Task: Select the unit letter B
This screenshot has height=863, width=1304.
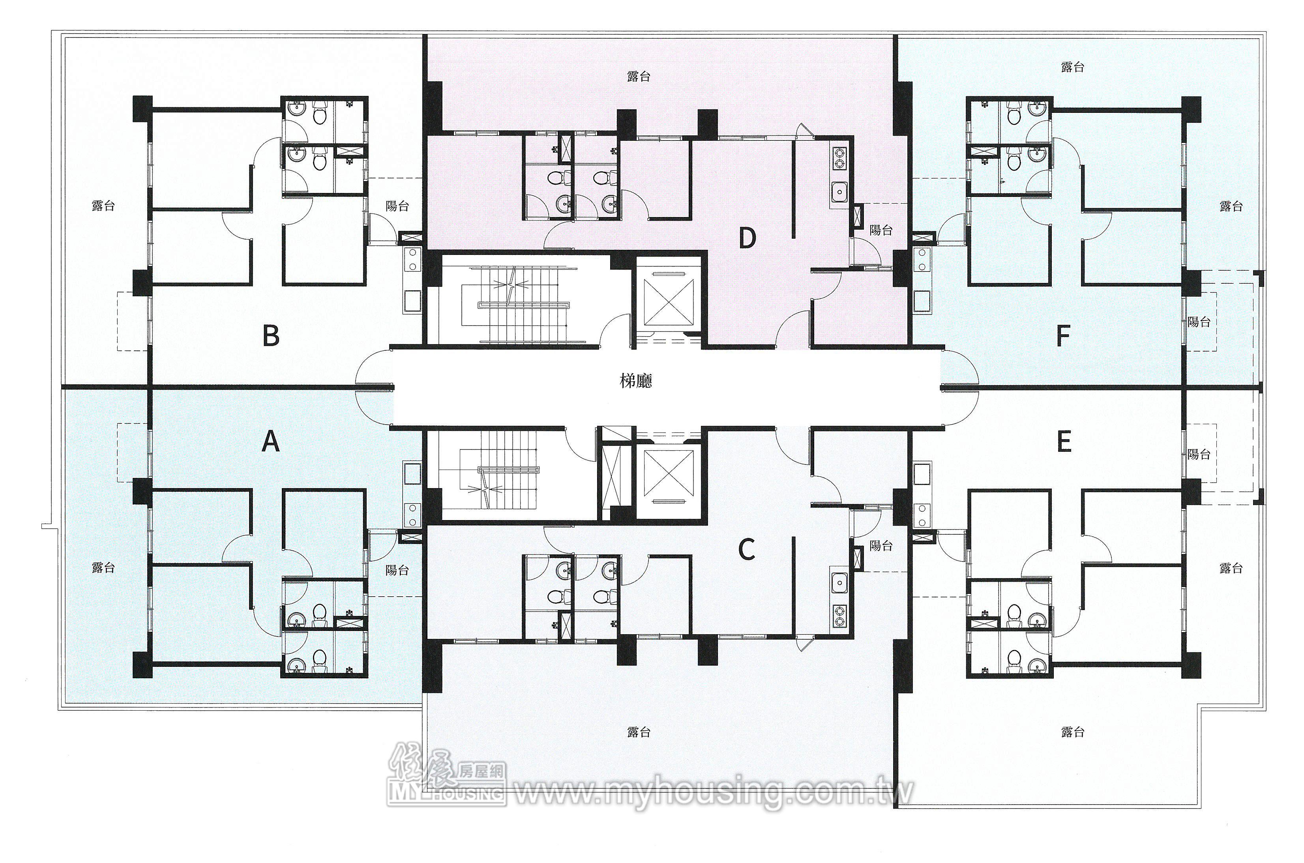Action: (x=270, y=335)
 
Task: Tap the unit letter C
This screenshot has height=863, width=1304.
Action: (x=746, y=549)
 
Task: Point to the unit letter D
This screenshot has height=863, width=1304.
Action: (x=747, y=238)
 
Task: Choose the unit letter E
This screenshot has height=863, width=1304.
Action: (x=1064, y=442)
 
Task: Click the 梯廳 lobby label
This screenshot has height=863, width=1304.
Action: (x=636, y=381)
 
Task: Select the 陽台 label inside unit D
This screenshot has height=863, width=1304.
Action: (x=881, y=230)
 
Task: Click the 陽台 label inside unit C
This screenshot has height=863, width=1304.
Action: (x=881, y=545)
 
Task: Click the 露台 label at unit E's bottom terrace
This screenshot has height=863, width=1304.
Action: (x=1072, y=732)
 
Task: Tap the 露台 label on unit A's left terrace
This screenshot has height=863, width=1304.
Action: (x=103, y=567)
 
